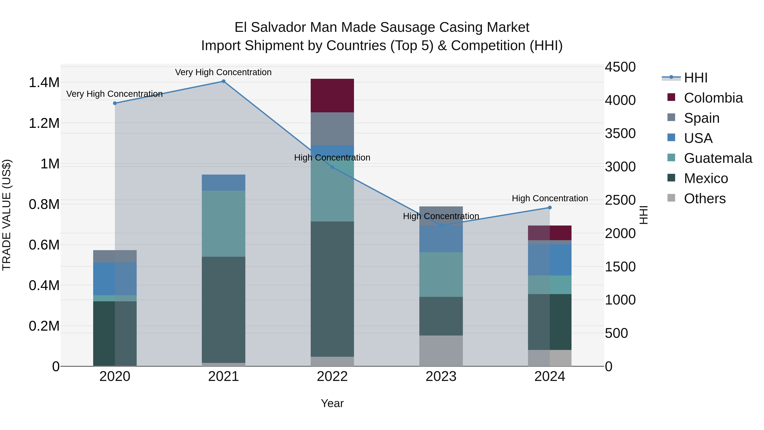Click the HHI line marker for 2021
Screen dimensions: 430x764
point(224,81)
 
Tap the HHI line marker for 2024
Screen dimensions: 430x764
point(550,208)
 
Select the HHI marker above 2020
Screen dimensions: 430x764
point(115,103)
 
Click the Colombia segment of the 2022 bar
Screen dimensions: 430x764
point(332,96)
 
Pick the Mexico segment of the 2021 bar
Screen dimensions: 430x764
point(224,310)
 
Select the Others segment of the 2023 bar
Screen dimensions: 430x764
point(441,351)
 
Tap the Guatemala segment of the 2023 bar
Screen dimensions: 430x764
point(441,275)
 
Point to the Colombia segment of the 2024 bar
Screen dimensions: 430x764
point(550,233)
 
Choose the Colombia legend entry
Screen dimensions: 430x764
point(713,98)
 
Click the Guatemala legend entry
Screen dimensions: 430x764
point(718,158)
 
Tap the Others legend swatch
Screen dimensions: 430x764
point(671,198)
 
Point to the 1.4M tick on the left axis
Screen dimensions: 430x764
point(44,83)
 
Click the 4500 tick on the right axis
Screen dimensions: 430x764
point(620,67)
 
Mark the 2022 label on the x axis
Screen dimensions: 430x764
point(332,376)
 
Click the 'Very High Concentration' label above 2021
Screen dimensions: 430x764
point(223,72)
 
